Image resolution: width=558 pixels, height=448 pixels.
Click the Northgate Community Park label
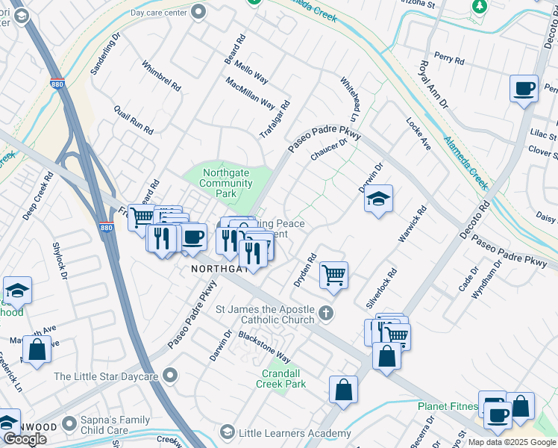tap(226, 183)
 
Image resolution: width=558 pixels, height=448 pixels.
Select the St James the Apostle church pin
tap(325, 314)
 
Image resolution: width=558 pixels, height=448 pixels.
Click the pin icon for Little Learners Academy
tap(228, 433)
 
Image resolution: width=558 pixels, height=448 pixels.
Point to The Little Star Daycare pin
tap(171, 376)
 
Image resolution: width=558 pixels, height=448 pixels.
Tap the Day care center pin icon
tap(198, 11)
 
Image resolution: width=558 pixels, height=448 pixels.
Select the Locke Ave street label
tap(418, 134)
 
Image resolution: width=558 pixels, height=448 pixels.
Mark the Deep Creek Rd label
tap(38, 197)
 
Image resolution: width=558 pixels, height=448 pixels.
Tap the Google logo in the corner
tap(25, 439)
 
